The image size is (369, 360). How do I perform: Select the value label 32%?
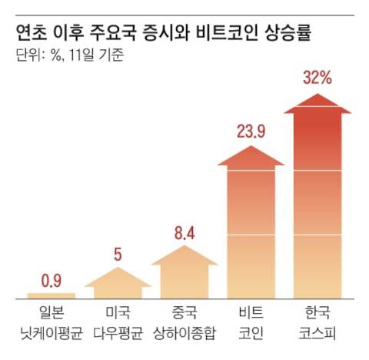click(317, 78)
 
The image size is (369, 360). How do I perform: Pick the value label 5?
click(118, 254)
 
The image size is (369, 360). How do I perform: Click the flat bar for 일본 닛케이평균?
click(51, 295)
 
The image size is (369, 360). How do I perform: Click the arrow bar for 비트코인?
click(251, 231)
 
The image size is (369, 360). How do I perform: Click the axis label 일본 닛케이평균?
click(51, 324)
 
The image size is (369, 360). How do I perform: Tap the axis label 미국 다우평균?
click(118, 324)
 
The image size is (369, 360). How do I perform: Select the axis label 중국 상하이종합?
click(184, 324)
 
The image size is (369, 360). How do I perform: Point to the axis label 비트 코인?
click(251, 324)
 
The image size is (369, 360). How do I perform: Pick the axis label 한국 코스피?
click(317, 324)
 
